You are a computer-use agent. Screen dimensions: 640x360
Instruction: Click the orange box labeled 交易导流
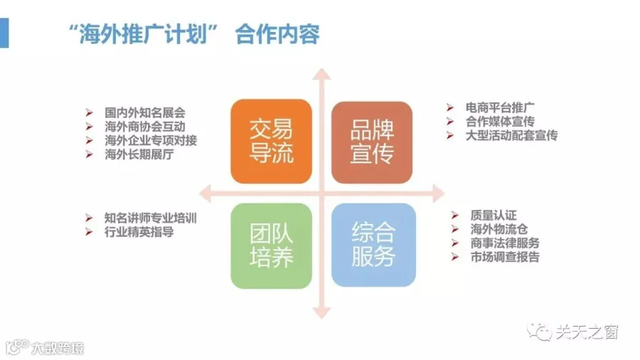[x=271, y=141]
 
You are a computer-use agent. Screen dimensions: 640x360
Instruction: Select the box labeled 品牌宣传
[x=372, y=142]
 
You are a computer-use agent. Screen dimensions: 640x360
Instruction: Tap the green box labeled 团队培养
[x=271, y=245]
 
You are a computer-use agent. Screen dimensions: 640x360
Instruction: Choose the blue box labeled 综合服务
[x=373, y=245]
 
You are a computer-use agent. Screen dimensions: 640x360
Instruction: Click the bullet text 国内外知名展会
[x=145, y=112]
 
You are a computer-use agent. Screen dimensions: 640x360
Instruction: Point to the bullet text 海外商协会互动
[x=145, y=127]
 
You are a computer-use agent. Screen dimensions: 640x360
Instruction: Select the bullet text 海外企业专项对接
[x=151, y=140]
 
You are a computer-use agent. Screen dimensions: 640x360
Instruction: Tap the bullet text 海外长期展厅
[x=139, y=154]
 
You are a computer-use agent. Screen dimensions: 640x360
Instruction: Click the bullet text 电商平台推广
[x=500, y=107]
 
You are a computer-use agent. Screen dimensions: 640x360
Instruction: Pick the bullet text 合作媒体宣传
[x=500, y=122]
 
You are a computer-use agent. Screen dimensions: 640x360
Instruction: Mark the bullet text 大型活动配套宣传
[x=511, y=135]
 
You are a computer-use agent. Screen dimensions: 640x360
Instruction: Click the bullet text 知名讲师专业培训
[x=151, y=218]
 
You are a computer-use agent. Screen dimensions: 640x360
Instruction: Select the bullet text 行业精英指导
[x=139, y=232]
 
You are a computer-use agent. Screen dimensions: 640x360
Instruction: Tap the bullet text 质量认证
[x=494, y=215]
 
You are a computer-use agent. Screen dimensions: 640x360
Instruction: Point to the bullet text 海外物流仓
[x=499, y=229]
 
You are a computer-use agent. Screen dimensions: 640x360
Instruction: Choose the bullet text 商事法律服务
[x=505, y=243]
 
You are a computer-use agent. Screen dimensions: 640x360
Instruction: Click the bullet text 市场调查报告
[x=505, y=257]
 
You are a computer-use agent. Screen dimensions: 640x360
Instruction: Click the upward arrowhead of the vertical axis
[x=321, y=74]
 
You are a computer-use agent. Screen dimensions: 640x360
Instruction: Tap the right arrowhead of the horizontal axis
[x=438, y=194]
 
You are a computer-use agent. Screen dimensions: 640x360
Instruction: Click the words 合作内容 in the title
[x=277, y=34]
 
